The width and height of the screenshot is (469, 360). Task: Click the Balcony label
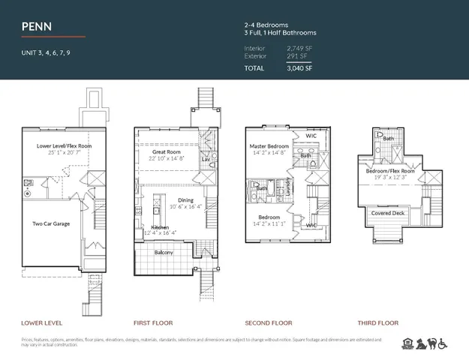pyautogui.click(x=164, y=252)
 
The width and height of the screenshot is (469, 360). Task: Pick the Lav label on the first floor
pyautogui.click(x=206, y=159)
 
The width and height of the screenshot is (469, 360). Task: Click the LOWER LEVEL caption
pyautogui.click(x=40, y=323)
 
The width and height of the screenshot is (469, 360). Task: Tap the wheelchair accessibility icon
pyautogui.click(x=443, y=344)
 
